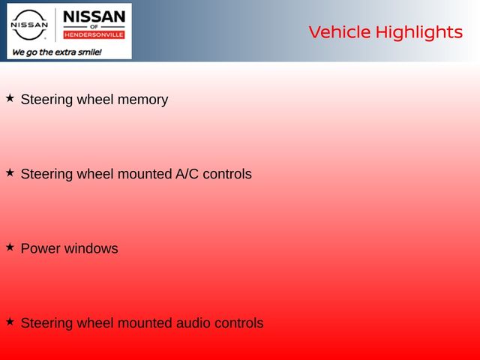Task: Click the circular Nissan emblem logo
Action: (29, 25)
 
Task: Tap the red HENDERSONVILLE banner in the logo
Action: (94, 35)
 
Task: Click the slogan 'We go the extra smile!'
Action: (57, 52)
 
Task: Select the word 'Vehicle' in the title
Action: (340, 32)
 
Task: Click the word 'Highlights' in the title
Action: (419, 33)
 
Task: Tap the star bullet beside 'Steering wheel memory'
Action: (10, 98)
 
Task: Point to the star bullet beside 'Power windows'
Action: (10, 247)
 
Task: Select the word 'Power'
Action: (40, 248)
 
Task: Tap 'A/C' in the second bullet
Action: (187, 174)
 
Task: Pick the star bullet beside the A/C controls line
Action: (10, 172)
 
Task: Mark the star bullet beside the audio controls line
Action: (10, 322)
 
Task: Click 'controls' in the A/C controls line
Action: (227, 174)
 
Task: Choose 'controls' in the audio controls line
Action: (239, 323)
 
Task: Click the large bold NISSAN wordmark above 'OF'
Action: (94, 16)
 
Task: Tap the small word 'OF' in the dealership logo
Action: (94, 27)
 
